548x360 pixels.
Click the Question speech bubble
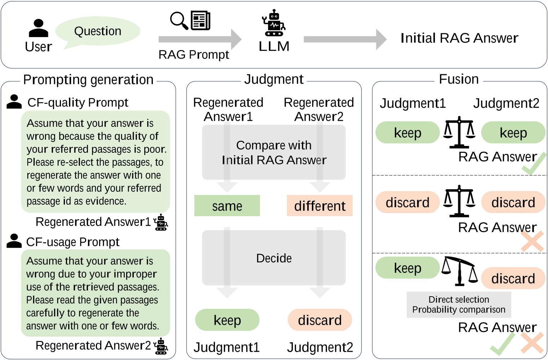tap(97, 31)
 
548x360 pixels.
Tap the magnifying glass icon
tap(179, 20)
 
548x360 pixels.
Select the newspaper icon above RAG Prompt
tap(200, 21)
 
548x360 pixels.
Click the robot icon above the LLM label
tap(274, 23)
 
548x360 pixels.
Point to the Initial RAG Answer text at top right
tap(459, 38)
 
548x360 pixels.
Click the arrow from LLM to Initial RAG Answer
tap(345, 39)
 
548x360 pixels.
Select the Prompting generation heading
tap(88, 80)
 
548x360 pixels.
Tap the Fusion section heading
tap(459, 79)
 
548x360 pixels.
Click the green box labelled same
tap(227, 206)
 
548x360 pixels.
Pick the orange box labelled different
tap(319, 206)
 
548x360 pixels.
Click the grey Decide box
tap(274, 258)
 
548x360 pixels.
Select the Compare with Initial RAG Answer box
tap(274, 152)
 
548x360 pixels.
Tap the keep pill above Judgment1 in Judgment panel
tap(227, 320)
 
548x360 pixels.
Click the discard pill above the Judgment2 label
tap(319, 320)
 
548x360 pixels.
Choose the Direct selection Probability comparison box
tap(459, 305)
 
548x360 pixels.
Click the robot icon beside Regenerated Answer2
tap(161, 346)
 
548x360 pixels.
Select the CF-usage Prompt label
tap(72, 242)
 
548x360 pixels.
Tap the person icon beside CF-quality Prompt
tap(14, 102)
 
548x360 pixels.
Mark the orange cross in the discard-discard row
tap(532, 241)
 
